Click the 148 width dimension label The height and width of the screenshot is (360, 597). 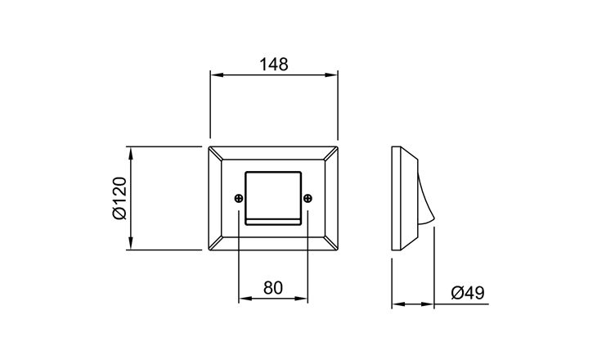274,65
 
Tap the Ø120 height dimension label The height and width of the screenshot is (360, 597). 119,198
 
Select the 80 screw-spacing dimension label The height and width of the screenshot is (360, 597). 273,288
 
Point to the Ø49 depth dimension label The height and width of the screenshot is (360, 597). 468,293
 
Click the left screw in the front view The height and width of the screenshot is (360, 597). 239,199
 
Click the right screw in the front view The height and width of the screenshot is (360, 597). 307,199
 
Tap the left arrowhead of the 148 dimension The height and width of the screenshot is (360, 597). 216,75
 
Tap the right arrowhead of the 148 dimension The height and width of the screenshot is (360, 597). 332,75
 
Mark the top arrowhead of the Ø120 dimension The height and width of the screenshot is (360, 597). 131,153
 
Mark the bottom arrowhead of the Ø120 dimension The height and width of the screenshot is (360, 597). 131,244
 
